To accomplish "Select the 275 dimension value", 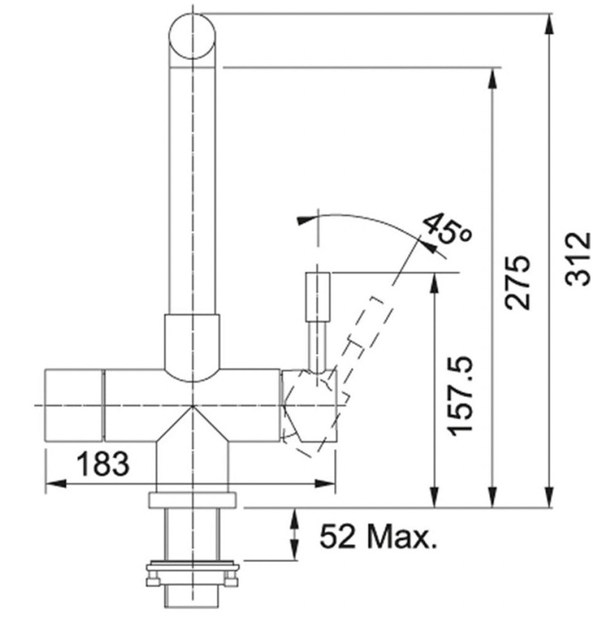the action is (517, 282).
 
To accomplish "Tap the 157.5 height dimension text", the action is (461, 396).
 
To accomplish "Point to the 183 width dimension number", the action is (103, 464).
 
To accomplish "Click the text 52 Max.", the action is (378, 536).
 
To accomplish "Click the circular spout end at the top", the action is (192, 36).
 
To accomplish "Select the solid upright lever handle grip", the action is (318, 296).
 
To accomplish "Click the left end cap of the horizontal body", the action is (74, 406).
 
